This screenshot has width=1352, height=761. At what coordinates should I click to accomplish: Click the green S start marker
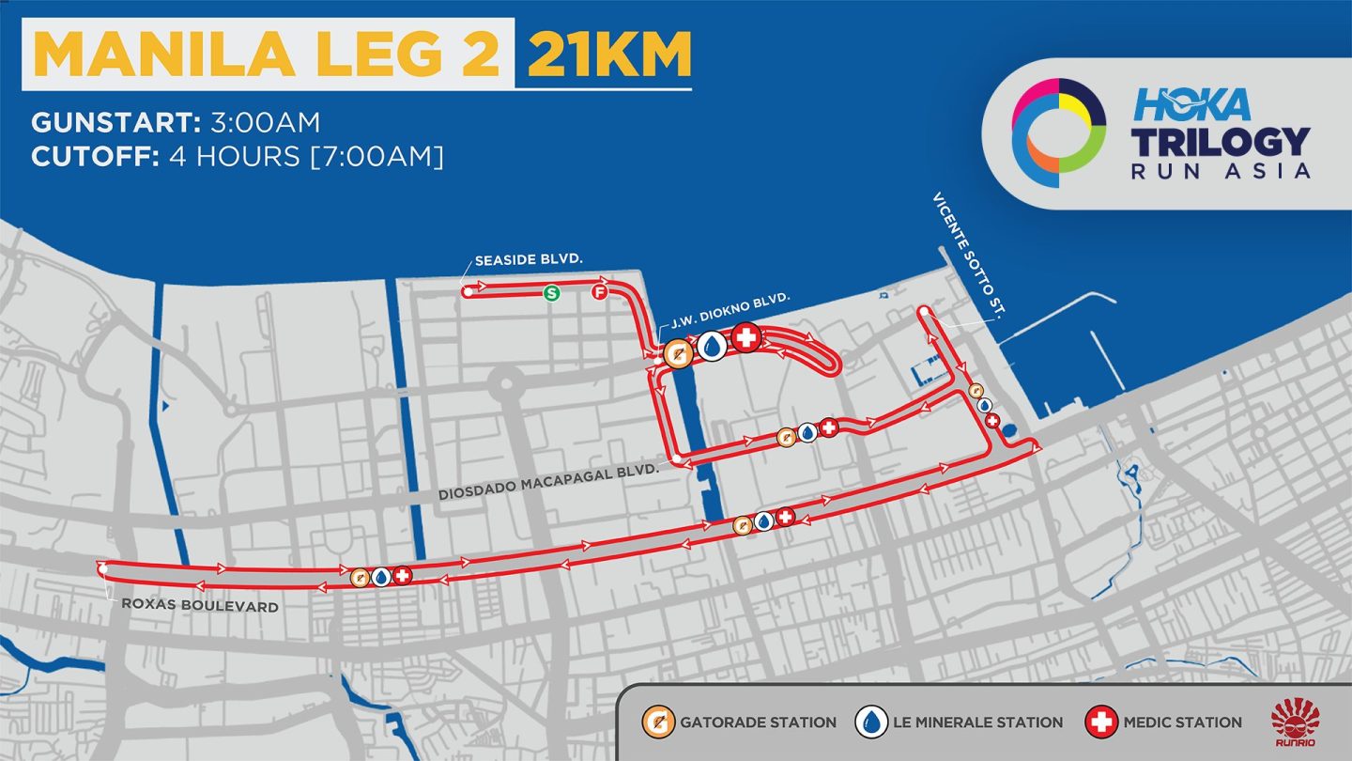tap(552, 293)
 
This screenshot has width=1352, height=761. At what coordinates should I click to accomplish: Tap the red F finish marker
tap(600, 293)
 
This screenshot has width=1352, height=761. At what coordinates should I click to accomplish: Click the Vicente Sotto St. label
tap(967, 254)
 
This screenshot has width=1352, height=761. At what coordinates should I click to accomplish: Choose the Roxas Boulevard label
tap(200, 606)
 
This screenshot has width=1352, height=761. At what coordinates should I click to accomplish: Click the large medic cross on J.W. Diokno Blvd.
tap(745, 338)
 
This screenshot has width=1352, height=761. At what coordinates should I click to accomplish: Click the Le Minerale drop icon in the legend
tap(871, 722)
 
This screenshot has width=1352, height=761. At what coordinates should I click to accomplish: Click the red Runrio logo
tap(1295, 722)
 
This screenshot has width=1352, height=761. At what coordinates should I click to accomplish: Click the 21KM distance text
tap(608, 55)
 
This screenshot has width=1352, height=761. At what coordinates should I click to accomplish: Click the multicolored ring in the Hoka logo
tap(1058, 126)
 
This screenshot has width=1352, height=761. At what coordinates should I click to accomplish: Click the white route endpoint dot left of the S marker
tap(467, 292)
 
